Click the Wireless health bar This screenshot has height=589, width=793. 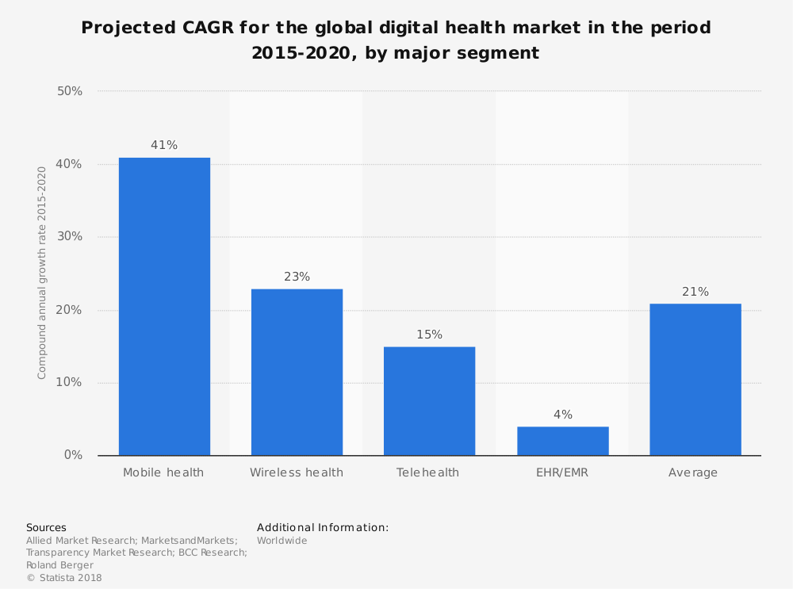[x=297, y=372]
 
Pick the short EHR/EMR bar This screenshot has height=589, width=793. [x=562, y=441]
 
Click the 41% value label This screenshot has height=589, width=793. [x=164, y=145]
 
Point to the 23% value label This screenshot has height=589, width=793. [x=297, y=277]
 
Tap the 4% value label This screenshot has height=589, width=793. [x=562, y=415]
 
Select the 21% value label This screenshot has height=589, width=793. [x=695, y=292]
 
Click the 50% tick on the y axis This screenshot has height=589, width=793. [x=70, y=91]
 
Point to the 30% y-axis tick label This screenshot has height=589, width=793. [x=70, y=237]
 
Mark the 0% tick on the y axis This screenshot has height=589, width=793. [x=73, y=455]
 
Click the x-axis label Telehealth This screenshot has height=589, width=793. [x=428, y=472]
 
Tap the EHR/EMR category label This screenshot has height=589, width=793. [x=562, y=472]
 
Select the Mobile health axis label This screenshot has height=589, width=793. [x=163, y=472]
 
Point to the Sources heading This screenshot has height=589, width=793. [x=46, y=527]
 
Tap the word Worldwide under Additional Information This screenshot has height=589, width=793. [x=282, y=541]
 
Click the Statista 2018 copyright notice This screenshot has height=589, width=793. [x=64, y=578]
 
